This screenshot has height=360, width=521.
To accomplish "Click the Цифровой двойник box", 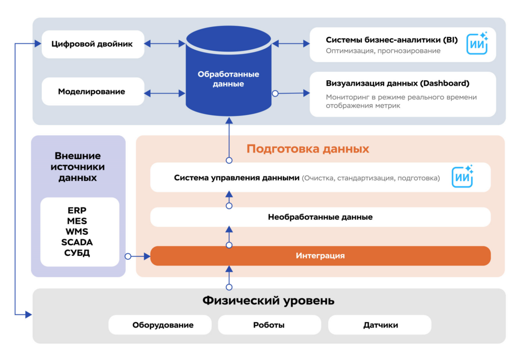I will pos(92,44).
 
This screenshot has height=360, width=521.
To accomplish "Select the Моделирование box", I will pos(92,92).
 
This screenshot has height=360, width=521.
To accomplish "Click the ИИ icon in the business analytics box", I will pos(477,44).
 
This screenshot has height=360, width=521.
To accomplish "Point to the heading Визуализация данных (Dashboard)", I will pos(397,83).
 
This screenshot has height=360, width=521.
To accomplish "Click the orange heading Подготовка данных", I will pos(308,149).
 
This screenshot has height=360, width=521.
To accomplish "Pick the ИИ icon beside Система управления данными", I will pos(462,177).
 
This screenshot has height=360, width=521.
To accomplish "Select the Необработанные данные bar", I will pos(320,217).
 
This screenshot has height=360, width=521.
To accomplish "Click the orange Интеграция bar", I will pos(320,256).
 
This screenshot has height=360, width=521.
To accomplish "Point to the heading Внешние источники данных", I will pos(78,167).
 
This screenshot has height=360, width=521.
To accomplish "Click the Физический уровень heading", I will pos(269,301).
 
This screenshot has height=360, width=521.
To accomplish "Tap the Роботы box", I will pos(269,325).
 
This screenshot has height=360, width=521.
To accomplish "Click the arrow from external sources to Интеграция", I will pos(138,256).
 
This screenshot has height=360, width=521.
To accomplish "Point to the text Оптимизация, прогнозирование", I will pos(383,51).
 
